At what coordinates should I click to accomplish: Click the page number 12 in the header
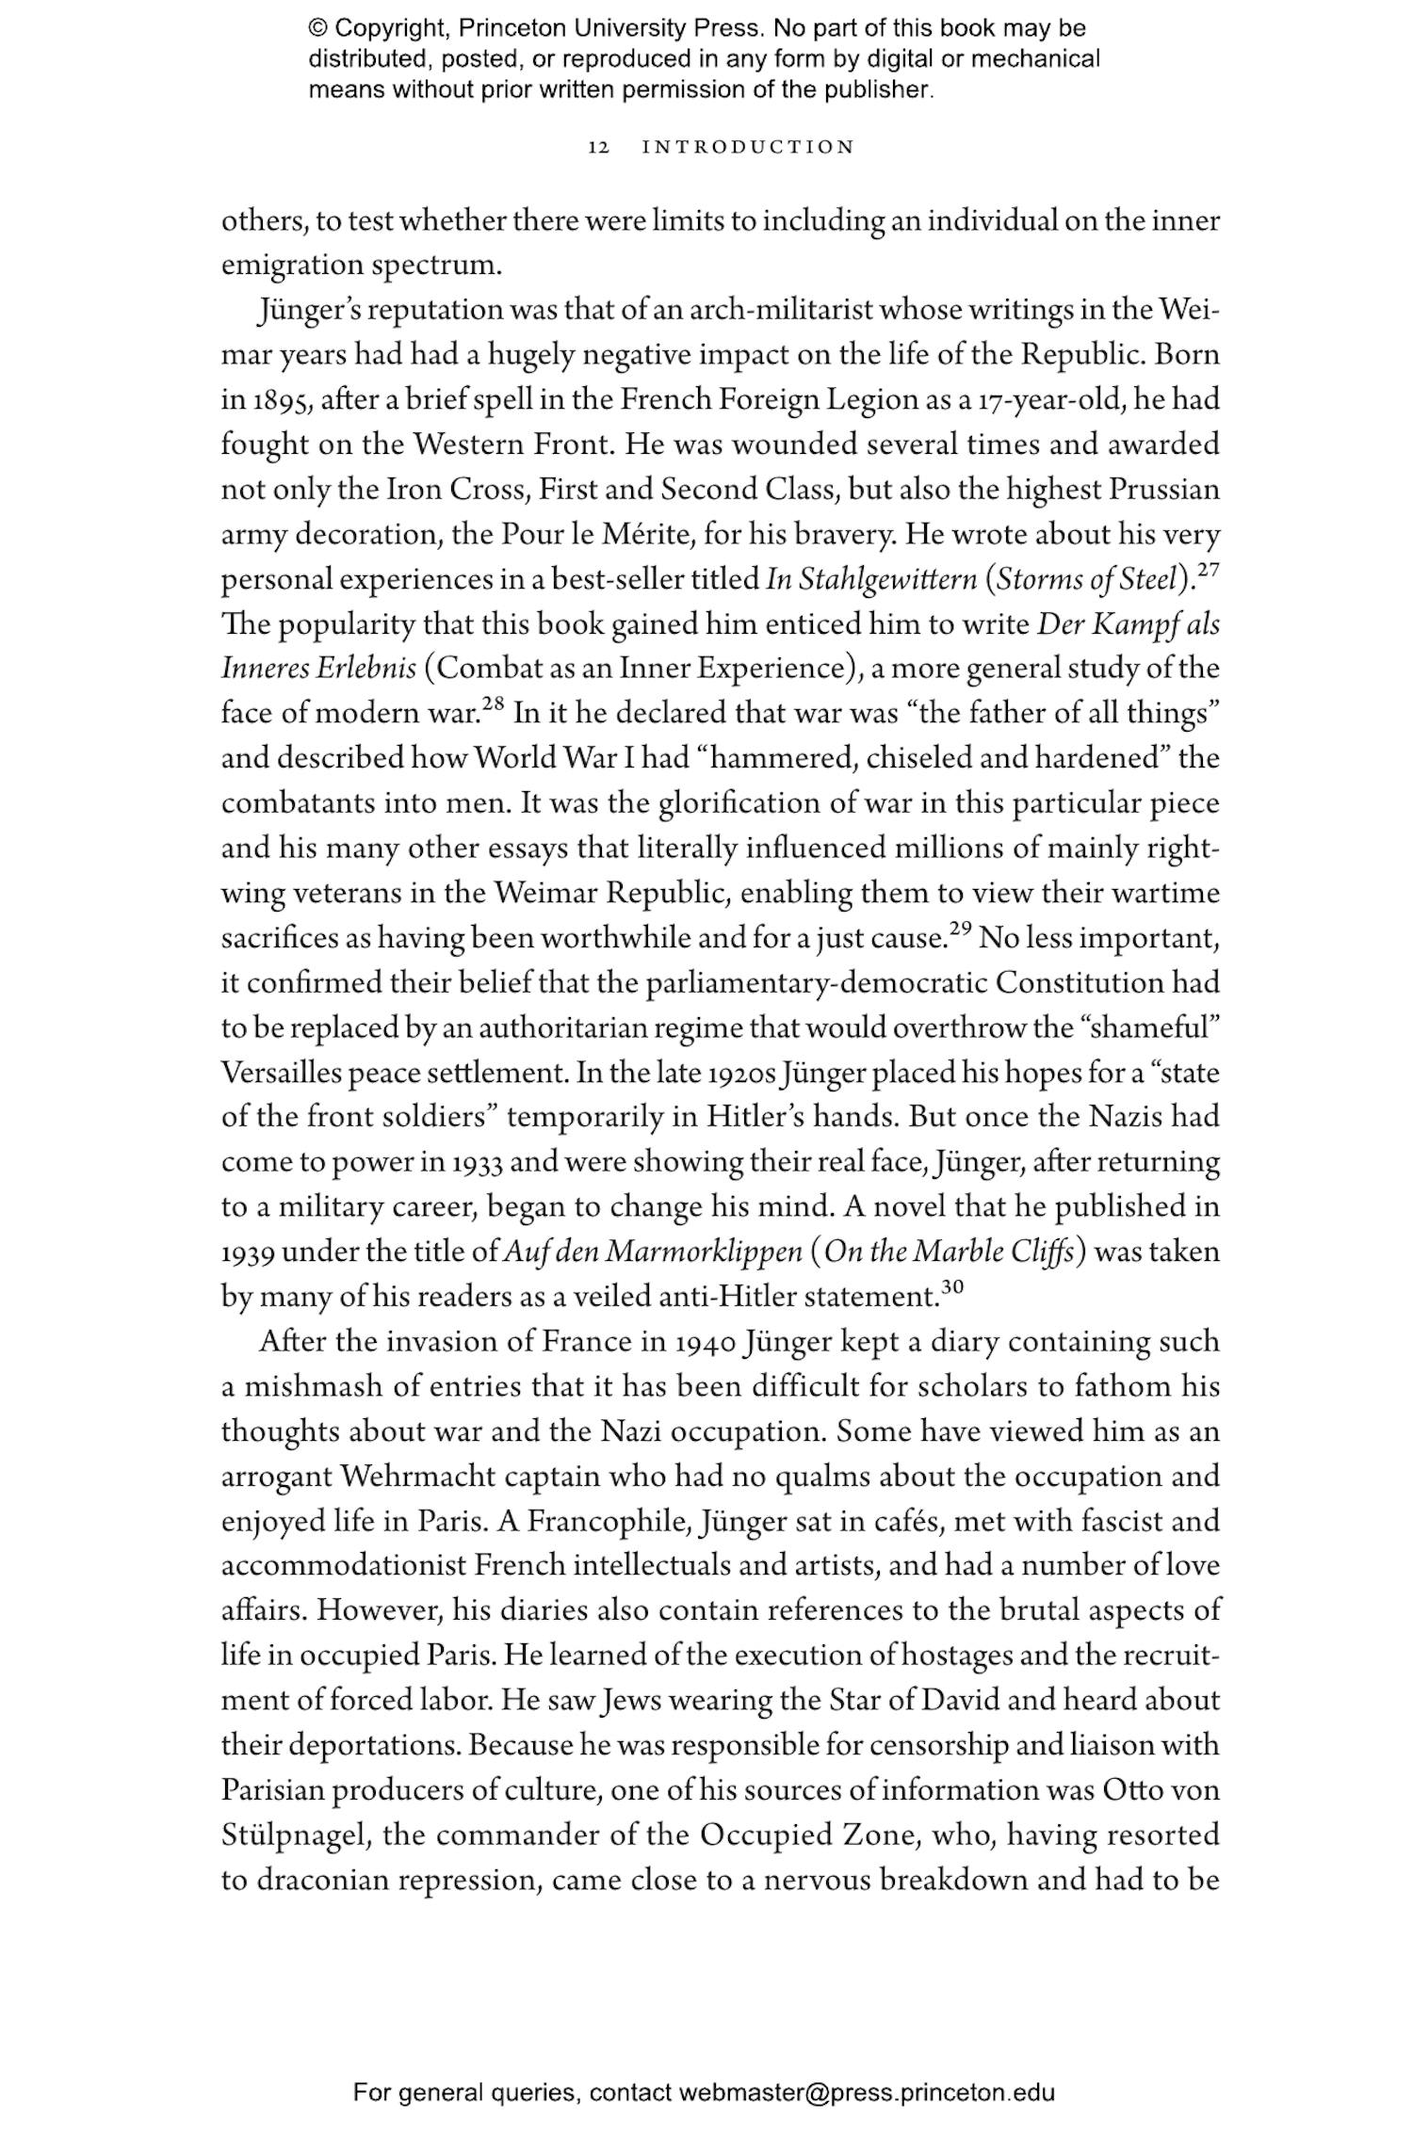598,147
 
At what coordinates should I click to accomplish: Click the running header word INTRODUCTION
748,147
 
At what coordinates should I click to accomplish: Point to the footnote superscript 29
960,929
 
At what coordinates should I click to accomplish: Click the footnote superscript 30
953,1287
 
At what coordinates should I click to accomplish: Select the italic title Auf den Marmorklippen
653,1252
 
